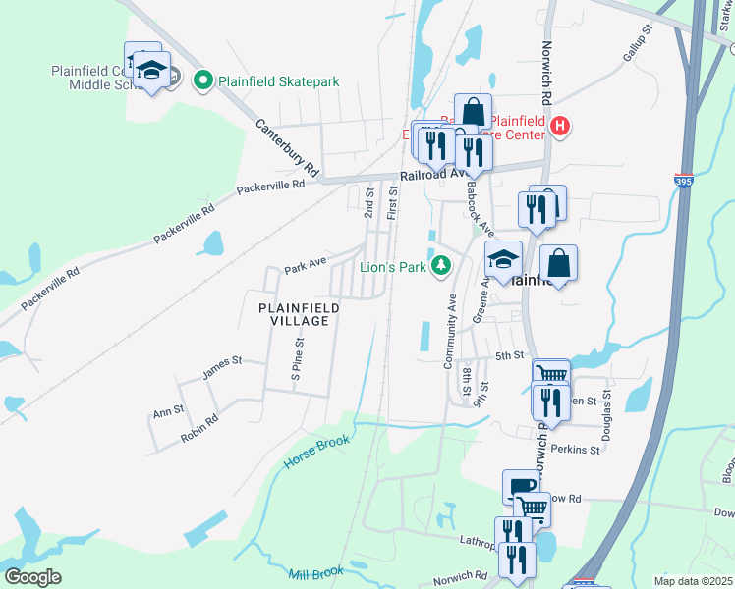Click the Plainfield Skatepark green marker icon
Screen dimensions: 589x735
point(204,80)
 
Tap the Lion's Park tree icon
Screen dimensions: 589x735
point(442,265)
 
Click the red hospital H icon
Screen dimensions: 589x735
point(559,126)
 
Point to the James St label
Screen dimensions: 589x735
point(221,367)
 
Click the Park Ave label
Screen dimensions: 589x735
point(305,265)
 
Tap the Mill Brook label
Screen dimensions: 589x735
point(315,573)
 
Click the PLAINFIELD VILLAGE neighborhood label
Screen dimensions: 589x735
point(299,315)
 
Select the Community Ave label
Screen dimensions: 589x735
point(450,333)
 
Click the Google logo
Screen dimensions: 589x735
point(32,577)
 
